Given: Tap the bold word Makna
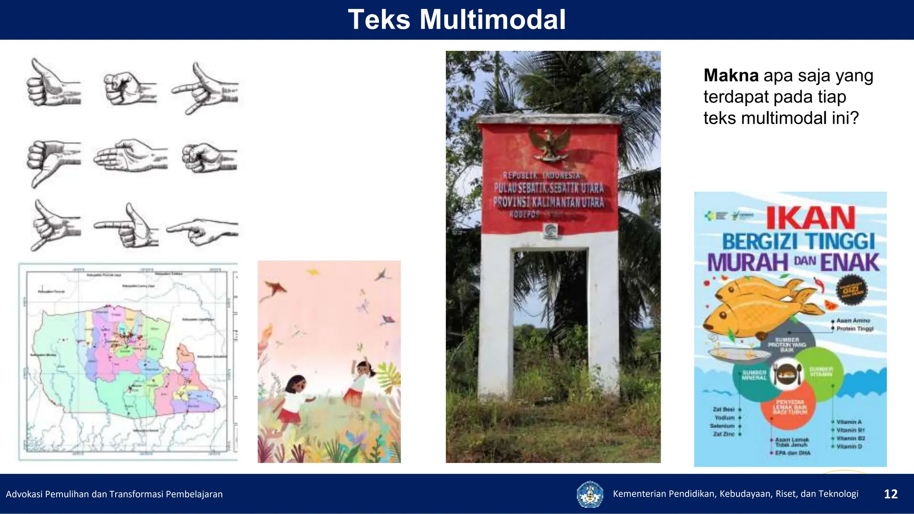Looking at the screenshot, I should [x=731, y=76].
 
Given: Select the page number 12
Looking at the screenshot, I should [x=890, y=494].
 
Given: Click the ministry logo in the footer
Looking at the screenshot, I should [x=590, y=494].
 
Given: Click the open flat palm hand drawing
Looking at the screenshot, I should [x=129, y=156].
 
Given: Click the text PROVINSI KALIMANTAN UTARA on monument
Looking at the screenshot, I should [x=548, y=202].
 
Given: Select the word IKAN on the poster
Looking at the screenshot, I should [x=810, y=218].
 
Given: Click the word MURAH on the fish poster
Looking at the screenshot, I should [x=748, y=262].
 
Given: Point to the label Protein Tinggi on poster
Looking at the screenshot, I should [x=855, y=329].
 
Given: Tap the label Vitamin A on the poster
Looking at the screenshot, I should [x=849, y=422].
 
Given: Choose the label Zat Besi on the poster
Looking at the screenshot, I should [x=723, y=409].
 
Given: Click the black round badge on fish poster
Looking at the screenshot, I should [x=851, y=290].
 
